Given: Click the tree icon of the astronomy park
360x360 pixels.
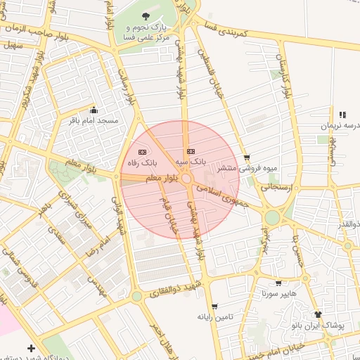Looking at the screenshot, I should coord(146,15).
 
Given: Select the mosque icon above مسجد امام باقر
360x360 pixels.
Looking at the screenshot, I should coord(94,110).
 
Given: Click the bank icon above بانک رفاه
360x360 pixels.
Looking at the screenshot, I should coord(142,152).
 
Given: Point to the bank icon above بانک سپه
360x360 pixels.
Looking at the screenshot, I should coord(191,151).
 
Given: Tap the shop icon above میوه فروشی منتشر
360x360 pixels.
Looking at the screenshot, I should coord(246,157).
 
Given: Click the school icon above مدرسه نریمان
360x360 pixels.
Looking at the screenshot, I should coord(342,115).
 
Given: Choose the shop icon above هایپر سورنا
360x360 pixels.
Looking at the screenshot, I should coord(278,283).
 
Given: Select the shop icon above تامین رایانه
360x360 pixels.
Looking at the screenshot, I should coord(214,307).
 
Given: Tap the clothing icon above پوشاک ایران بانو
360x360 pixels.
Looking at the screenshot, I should coord(318,314).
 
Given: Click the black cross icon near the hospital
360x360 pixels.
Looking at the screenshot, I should coord(31,348).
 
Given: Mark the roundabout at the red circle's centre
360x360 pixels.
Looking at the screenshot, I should coord(187,180).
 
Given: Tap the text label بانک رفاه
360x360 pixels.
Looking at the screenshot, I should coord(142,162).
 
